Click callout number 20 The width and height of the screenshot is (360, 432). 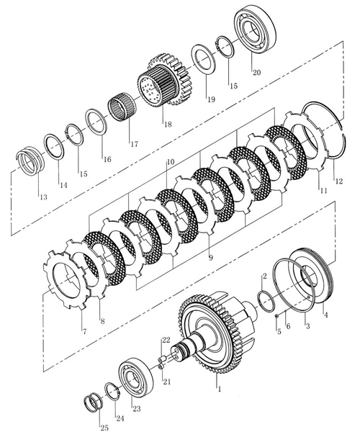click(x=256, y=73)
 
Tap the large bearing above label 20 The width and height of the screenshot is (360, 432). click(x=255, y=31)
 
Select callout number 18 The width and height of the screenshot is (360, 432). click(x=168, y=125)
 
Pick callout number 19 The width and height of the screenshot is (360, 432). click(x=211, y=99)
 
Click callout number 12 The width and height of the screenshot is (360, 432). click(x=339, y=181)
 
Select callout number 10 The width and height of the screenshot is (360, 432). click(x=171, y=161)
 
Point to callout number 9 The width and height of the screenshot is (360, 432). click(x=211, y=258)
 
